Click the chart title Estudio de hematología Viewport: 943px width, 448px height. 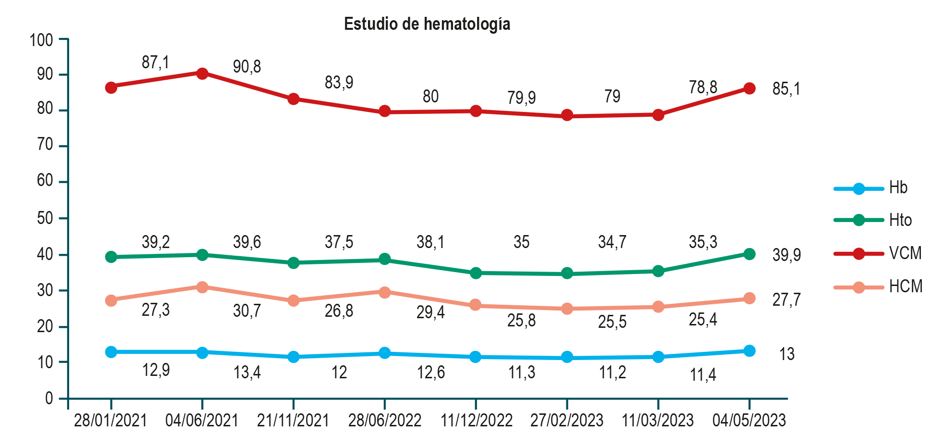pos(427,24)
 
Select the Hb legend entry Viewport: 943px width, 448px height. pos(897,187)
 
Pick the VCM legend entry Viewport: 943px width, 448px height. pos(905,253)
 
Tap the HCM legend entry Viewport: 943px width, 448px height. pos(905,286)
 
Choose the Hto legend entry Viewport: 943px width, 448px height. pos(900,220)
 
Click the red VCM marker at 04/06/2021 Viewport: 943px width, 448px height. pos(202,73)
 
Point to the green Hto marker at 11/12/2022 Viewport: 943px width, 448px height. pos(476,273)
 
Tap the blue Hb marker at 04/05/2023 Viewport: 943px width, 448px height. pos(749,351)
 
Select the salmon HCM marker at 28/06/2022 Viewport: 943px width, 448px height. pos(384,292)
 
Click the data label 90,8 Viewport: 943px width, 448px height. pos(247,67)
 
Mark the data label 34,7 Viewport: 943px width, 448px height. pos(612,242)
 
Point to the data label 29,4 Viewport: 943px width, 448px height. pos(430,312)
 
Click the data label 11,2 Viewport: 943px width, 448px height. pos(612,373)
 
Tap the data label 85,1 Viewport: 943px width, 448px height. pos(786,89)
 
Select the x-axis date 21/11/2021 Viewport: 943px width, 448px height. pos(293,421)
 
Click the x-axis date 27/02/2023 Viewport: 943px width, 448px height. pos(567,421)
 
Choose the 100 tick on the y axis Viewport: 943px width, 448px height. pos(41,40)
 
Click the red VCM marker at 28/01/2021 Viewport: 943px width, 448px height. pos(111,87)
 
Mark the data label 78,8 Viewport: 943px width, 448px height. pos(703,87)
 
